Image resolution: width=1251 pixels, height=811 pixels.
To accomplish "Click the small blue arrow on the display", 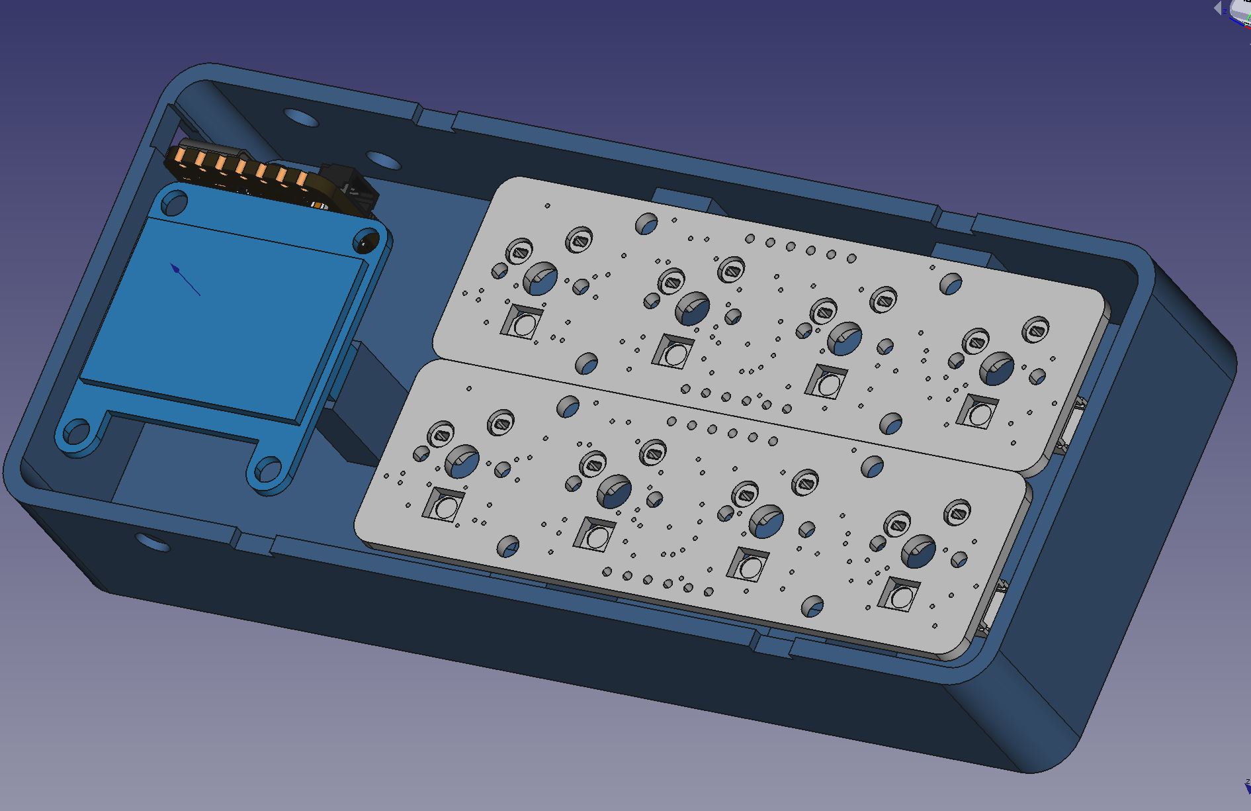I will [x=185, y=279].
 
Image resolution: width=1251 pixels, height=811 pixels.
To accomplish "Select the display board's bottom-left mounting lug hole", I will [x=77, y=433].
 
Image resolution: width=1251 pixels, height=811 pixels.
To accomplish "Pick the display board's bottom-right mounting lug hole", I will [x=268, y=470].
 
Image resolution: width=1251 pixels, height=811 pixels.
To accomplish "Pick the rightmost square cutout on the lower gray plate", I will [x=900, y=596].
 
